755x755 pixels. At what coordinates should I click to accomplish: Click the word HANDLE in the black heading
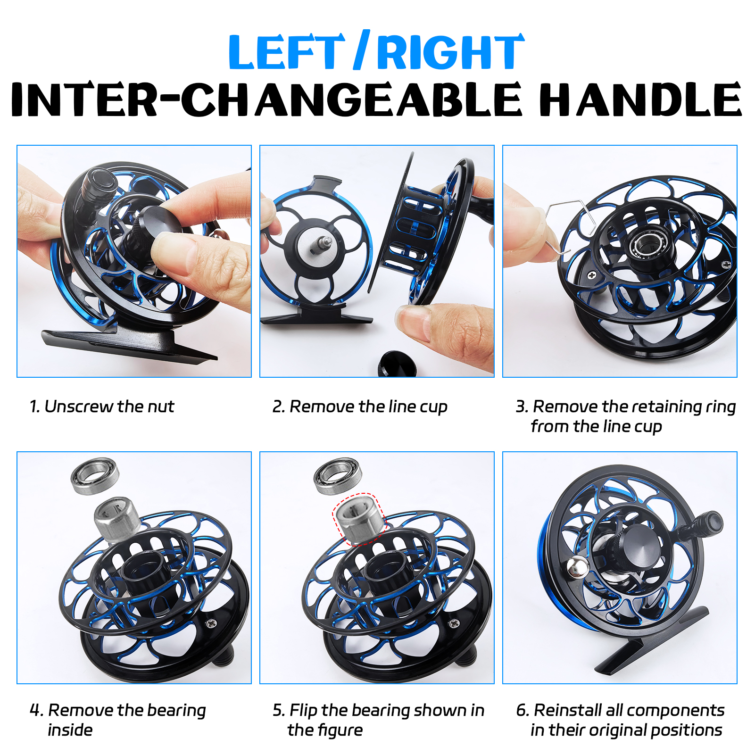pyautogui.click(x=640, y=100)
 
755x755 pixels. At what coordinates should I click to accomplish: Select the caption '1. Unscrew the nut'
pyautogui.click(x=101, y=407)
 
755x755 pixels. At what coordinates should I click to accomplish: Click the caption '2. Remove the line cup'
pyautogui.click(x=359, y=407)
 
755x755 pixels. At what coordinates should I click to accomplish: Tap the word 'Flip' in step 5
pyautogui.click(x=304, y=710)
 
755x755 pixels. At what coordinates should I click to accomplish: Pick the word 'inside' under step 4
pyautogui.click(x=70, y=730)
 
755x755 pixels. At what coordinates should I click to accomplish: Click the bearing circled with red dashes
pyautogui.click(x=359, y=519)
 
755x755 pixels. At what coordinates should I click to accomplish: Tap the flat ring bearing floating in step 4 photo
pyautogui.click(x=95, y=476)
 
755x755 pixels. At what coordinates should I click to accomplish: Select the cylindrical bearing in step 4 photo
pyautogui.click(x=116, y=519)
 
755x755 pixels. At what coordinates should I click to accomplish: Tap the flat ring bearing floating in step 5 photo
pyautogui.click(x=338, y=476)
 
